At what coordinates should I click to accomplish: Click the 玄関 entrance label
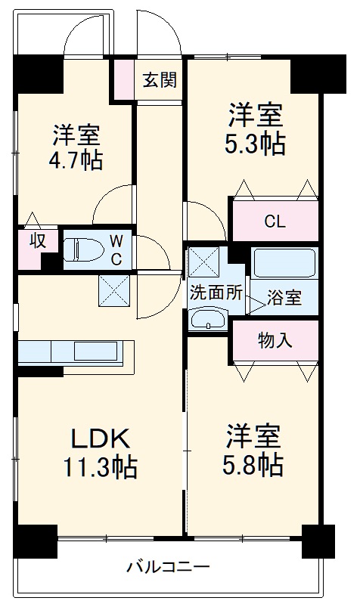pos(160,79)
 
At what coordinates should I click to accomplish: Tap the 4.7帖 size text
pos(77,160)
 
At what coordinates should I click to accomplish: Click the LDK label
pos(101,438)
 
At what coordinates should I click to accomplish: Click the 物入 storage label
pos(275,339)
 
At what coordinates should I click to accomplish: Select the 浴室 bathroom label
pos(284,298)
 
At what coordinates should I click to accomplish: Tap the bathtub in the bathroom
pos(284,264)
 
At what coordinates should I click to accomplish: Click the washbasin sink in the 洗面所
pos(206,321)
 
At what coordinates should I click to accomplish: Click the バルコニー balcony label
pos(167,566)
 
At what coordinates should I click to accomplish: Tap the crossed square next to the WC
pos(114,290)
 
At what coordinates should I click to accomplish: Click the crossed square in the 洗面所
pos(204,261)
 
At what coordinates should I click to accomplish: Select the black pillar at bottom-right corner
pos(318,540)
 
